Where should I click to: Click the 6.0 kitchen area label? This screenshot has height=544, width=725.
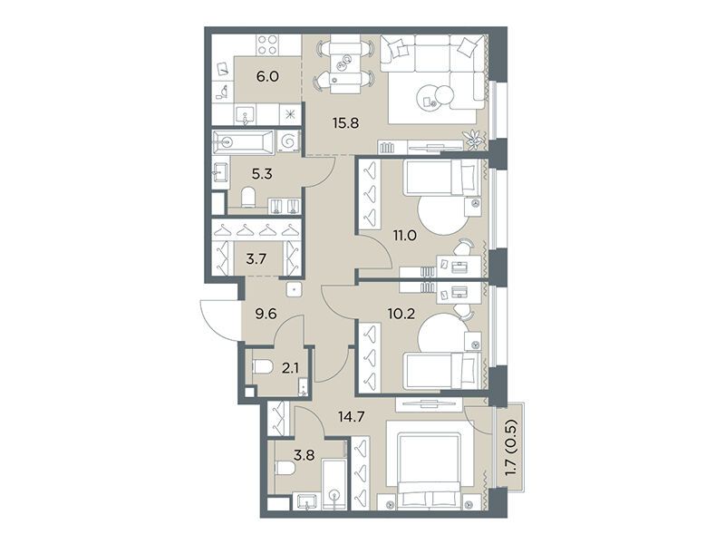pyautogui.click(x=267, y=76)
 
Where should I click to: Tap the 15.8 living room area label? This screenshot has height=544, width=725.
pyautogui.click(x=345, y=123)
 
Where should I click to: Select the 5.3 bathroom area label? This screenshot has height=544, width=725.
pyautogui.click(x=262, y=174)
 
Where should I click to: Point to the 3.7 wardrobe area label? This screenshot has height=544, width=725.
pyautogui.click(x=256, y=259)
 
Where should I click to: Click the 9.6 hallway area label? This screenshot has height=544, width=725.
pyautogui.click(x=266, y=314)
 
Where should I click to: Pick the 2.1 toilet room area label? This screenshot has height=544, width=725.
pyautogui.click(x=289, y=368)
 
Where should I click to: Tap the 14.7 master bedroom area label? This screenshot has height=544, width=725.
pyautogui.click(x=352, y=416)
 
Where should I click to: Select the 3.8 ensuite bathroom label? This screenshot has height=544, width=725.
pyautogui.click(x=304, y=455)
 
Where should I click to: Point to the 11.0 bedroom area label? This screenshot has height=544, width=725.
pyautogui.click(x=404, y=236)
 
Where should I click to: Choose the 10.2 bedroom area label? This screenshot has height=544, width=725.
pyautogui.click(x=401, y=314)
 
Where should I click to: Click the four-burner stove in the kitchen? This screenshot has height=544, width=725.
pyautogui.click(x=267, y=44)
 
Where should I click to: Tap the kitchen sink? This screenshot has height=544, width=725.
pyautogui.click(x=245, y=114)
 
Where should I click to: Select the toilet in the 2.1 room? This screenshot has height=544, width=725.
pyautogui.click(x=263, y=368)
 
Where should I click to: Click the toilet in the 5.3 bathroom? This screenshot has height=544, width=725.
pyautogui.click(x=248, y=198)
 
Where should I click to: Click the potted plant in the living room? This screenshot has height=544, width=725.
pyautogui.click(x=473, y=139)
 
